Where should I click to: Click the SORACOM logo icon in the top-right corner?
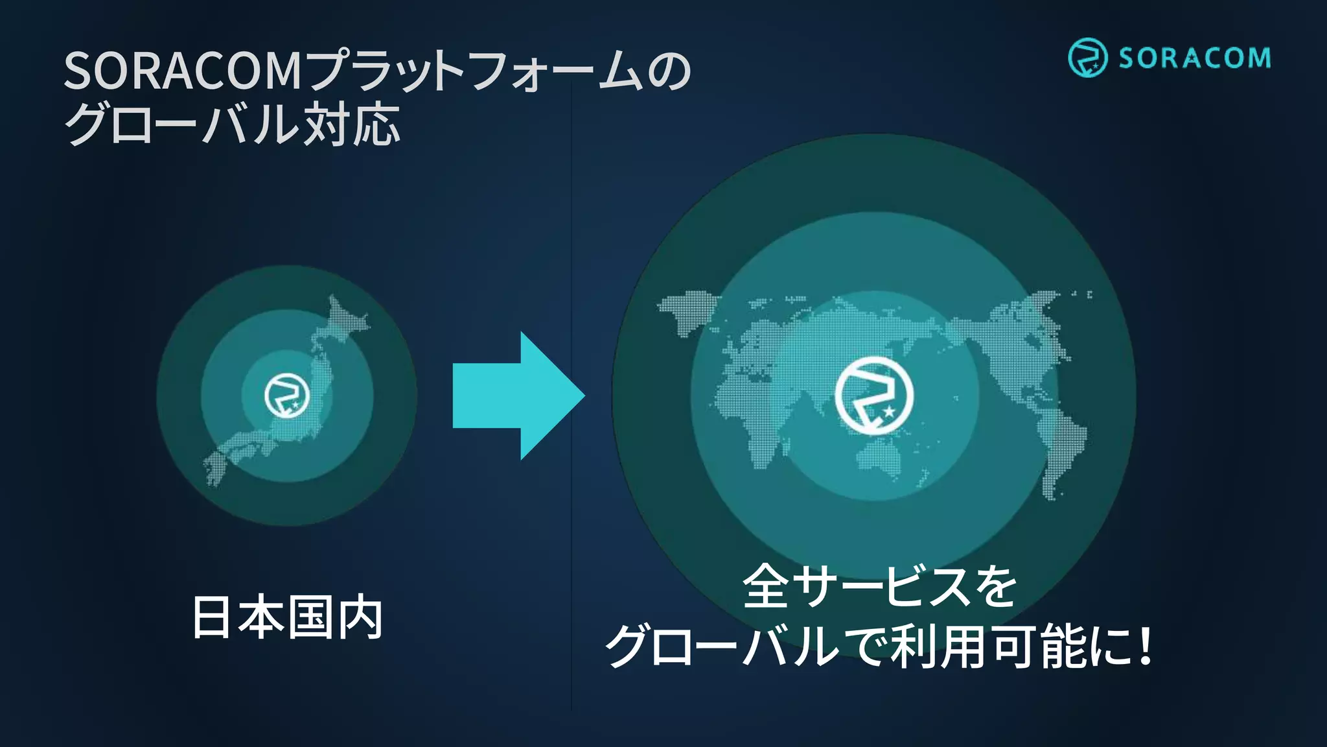coord(1087,58)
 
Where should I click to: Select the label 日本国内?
coord(287,617)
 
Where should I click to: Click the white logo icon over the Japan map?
coord(287,396)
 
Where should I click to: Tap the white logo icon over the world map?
coord(874,395)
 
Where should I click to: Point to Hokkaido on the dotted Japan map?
coord(343,318)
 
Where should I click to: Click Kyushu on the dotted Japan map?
coord(217,464)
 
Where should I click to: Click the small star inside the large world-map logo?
coord(889,412)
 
